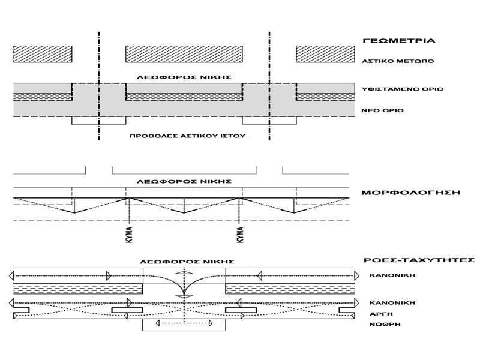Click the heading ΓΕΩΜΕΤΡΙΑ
point(398,40)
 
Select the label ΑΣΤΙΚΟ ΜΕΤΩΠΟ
point(398,61)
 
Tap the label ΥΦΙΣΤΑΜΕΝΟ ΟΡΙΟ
point(402,89)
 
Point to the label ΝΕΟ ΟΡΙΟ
point(382,110)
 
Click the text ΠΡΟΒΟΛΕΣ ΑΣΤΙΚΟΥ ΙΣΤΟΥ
point(187,136)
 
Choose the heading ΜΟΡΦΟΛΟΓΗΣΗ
point(410,193)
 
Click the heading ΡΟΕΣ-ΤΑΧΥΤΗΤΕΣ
point(419,260)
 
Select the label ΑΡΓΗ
point(381,314)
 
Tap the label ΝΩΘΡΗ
point(385,324)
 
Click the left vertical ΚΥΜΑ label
point(130,235)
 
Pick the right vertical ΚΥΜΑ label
point(241,235)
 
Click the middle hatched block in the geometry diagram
point(184,54)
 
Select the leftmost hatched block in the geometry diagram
point(43,54)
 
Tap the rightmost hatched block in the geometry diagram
point(325,54)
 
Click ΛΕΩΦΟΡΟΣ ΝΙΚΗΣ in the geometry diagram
point(184,77)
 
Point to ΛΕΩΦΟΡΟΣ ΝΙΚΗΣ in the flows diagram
point(187,262)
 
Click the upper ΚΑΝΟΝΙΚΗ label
point(392,275)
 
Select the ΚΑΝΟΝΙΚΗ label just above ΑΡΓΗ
point(392,303)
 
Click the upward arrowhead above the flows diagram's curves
point(184,272)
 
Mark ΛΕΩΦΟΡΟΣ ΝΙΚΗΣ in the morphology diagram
point(184,182)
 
